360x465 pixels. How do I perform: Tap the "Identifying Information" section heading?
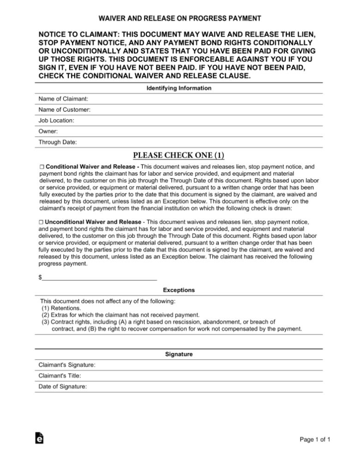[x=179, y=88]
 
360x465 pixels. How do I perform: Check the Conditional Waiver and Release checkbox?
[x=42, y=166]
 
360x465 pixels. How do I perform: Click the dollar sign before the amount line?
[x=40, y=277]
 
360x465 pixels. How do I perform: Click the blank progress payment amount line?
[x=100, y=278]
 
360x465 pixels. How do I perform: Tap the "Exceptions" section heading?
[x=179, y=290]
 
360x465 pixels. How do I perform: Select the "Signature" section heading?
[x=179, y=354]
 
